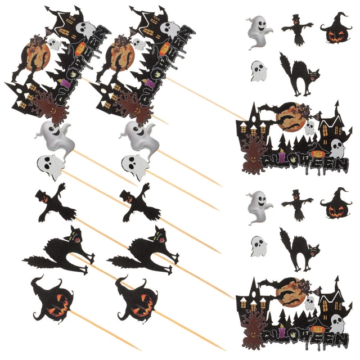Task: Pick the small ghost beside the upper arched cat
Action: click(258, 71)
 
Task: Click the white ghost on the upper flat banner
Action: click(336, 148)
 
